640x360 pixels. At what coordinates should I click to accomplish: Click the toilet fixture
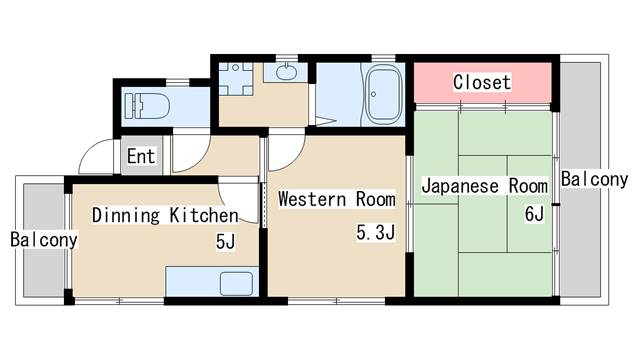[x=147, y=106]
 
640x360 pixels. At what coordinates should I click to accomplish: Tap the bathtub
[x=383, y=94]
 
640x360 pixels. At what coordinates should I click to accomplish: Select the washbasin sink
[x=287, y=73]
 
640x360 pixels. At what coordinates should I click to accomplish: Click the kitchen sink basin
[x=236, y=283]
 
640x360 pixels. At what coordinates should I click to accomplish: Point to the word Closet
[x=482, y=82]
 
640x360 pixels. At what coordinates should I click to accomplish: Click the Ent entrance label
[x=141, y=156]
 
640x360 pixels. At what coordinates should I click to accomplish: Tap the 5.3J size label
[x=376, y=232]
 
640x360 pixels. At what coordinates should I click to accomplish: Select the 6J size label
[x=535, y=213]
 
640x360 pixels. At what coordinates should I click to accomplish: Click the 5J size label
[x=226, y=241]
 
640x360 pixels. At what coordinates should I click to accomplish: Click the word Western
[x=312, y=199]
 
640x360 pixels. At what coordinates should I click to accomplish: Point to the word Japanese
[x=460, y=186]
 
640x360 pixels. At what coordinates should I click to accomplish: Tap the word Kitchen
[x=204, y=215]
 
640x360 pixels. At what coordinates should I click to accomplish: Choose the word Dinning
[x=126, y=216]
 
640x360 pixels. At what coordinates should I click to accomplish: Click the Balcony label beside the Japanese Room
[x=594, y=179]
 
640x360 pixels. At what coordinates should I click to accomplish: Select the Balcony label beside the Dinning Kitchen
[x=44, y=240]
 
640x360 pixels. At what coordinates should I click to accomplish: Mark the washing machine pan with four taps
[x=236, y=79]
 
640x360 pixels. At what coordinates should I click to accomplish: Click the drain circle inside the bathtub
[x=373, y=94]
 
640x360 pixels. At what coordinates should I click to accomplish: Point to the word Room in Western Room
[x=376, y=199]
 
